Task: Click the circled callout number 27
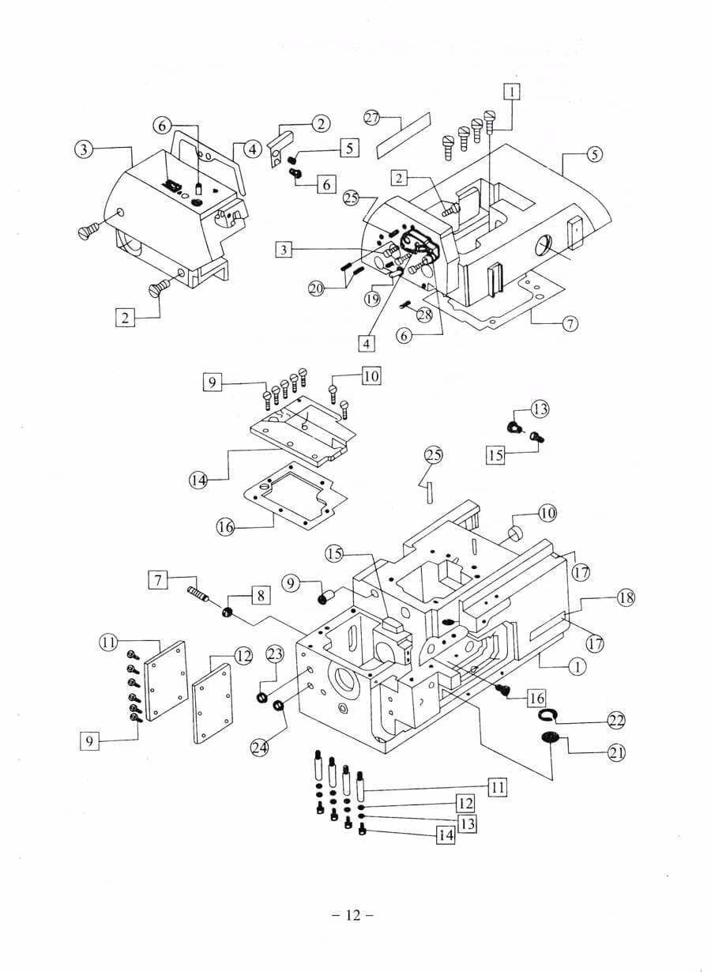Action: point(372,118)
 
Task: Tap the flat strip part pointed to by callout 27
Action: point(403,135)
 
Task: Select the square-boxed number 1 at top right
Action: point(512,92)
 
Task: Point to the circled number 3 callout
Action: point(83,149)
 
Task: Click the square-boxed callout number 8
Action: point(260,595)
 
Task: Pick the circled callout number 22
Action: point(616,721)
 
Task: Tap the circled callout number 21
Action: point(616,752)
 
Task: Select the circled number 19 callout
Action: point(372,299)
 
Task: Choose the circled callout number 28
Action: point(424,315)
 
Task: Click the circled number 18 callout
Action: point(626,598)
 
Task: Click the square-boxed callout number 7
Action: point(158,580)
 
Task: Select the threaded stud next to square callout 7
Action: point(197,593)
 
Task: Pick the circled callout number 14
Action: point(197,480)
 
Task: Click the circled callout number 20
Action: point(317,288)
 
